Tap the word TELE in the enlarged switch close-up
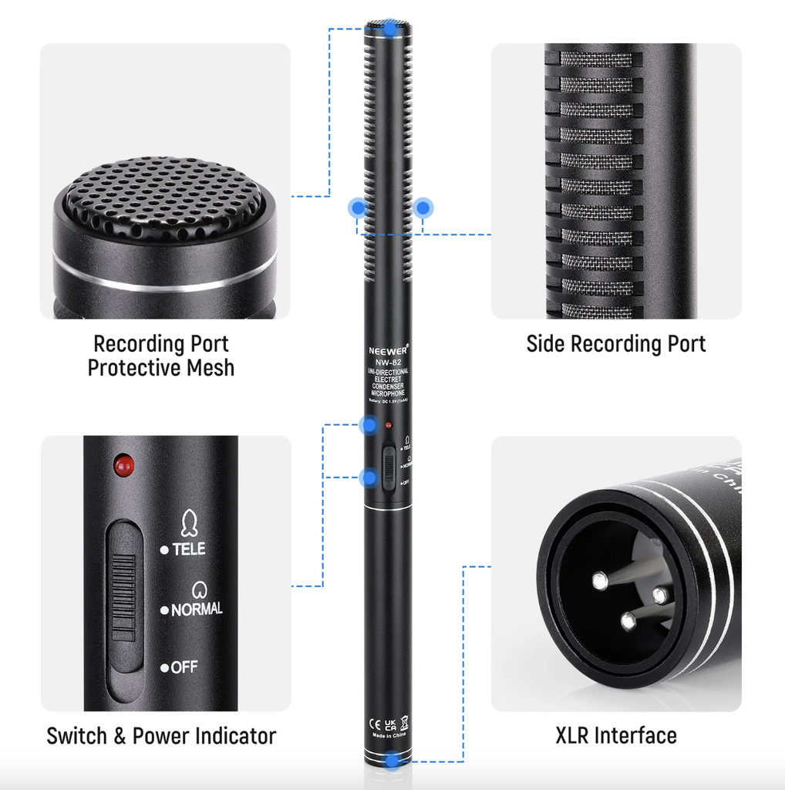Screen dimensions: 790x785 188,549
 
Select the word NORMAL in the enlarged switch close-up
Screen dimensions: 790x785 197,609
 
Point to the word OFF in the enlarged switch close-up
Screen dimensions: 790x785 184,667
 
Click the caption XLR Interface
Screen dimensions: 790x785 615,735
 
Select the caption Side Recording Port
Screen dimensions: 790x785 615,344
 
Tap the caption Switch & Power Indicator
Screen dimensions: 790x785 160,735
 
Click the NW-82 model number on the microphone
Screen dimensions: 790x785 388,360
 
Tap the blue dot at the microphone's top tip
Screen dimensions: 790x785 392,29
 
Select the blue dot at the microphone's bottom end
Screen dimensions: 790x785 393,761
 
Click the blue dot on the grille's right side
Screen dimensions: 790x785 423,207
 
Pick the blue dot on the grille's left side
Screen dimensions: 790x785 357,207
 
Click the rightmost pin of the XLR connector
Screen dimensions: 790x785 659,595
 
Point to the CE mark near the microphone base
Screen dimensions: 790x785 372,723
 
